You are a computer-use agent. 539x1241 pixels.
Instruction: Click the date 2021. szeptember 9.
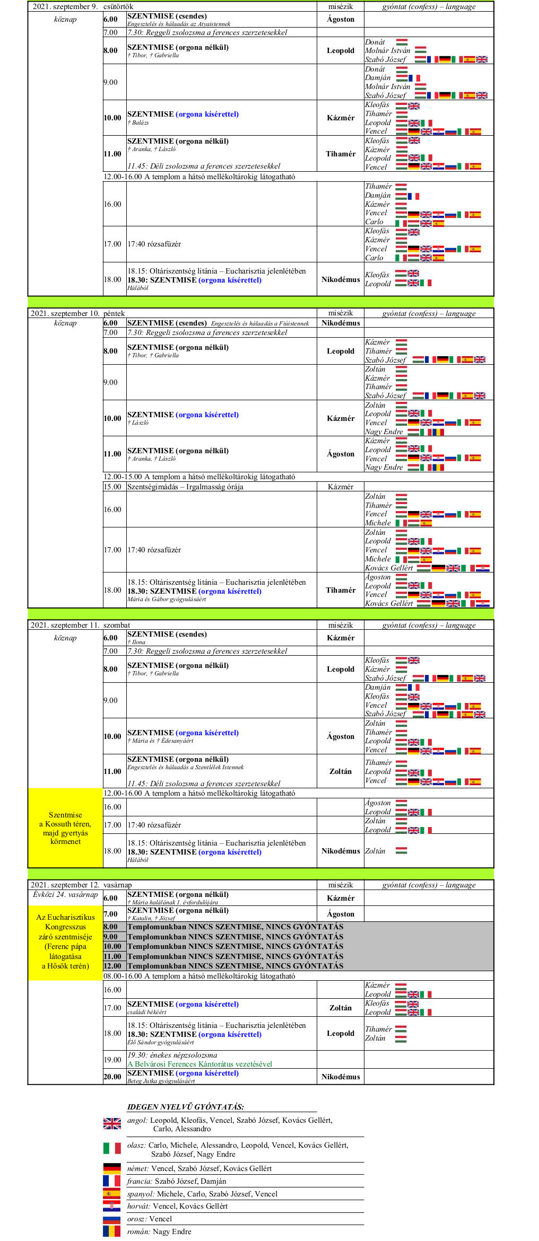[65, 6]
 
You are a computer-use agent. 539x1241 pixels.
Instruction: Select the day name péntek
[114, 313]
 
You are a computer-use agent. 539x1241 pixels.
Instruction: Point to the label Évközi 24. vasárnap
[65, 894]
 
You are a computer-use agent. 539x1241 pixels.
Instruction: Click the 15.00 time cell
[112, 487]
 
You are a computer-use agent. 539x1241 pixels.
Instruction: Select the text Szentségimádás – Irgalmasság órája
[185, 487]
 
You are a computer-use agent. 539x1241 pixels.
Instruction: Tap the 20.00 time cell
[112, 1077]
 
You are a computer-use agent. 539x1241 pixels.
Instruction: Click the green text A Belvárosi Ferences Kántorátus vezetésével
[199, 1063]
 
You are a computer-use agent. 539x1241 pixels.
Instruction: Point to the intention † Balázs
[138, 122]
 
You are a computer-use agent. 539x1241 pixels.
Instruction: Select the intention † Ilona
[136, 642]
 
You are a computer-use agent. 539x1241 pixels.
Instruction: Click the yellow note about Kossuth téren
[65, 828]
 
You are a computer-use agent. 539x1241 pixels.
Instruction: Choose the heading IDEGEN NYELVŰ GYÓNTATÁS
[186, 1106]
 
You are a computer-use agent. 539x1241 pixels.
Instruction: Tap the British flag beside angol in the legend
[112, 1123]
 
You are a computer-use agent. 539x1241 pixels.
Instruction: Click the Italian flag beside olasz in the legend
[112, 1148]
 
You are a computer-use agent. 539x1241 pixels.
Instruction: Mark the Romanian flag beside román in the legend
[112, 1231]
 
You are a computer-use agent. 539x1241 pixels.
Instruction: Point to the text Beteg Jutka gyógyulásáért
[161, 1081]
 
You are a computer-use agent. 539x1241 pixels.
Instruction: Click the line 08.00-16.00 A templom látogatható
[199, 976]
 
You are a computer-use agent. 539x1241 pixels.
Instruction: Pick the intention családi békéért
[147, 1012]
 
